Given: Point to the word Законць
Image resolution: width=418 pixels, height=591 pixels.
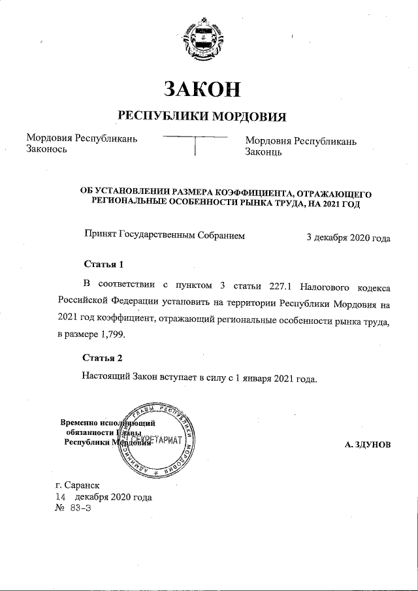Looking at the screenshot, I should click(263, 152).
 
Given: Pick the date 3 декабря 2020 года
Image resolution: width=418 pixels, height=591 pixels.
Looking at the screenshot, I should click(348, 238).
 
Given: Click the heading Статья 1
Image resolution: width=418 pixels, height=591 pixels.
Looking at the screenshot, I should click(103, 264).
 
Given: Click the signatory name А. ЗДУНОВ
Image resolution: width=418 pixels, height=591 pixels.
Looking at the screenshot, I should click(368, 444).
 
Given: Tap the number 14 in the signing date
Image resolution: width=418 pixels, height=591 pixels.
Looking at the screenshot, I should click(61, 497).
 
